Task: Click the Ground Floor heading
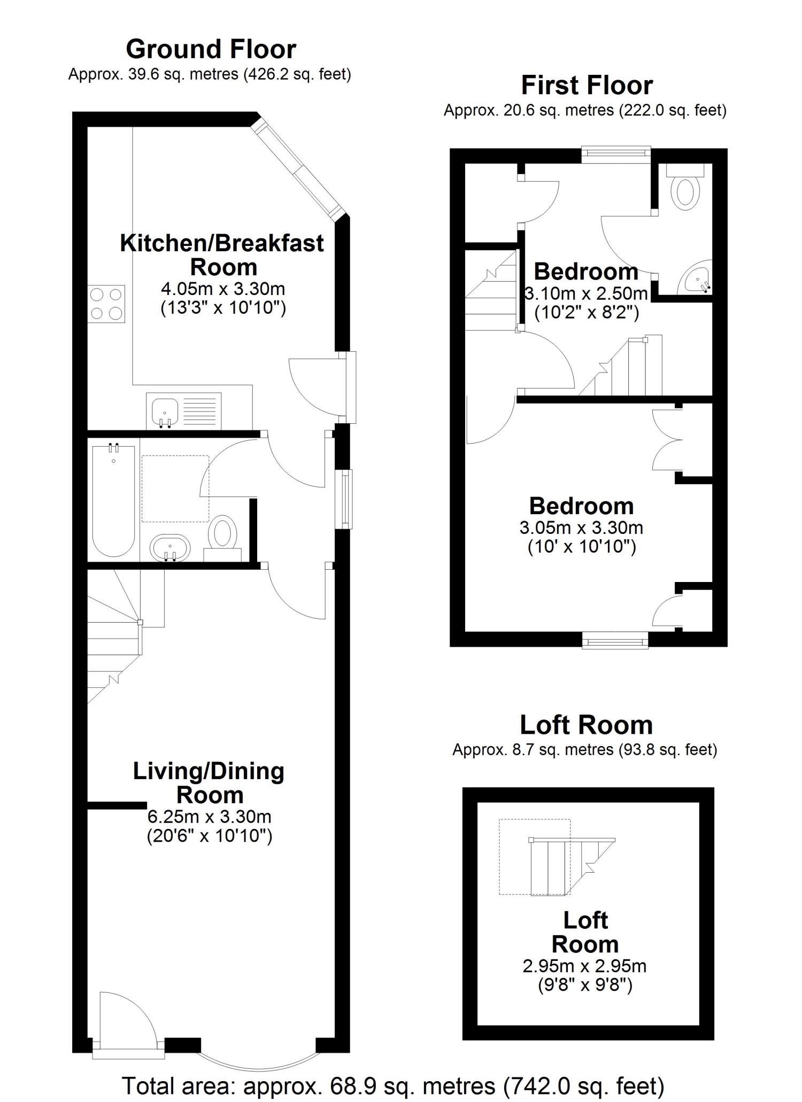pos(211,49)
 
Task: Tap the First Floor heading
pos(587,86)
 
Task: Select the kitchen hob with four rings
pos(106,304)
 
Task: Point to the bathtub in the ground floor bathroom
pos(113,500)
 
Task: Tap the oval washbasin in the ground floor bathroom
pos(170,548)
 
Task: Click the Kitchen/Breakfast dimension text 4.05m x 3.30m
pos(223,289)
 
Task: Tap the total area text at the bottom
pos(393,1086)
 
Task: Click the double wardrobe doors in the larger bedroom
pos(667,439)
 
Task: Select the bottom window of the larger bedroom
pos(615,640)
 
